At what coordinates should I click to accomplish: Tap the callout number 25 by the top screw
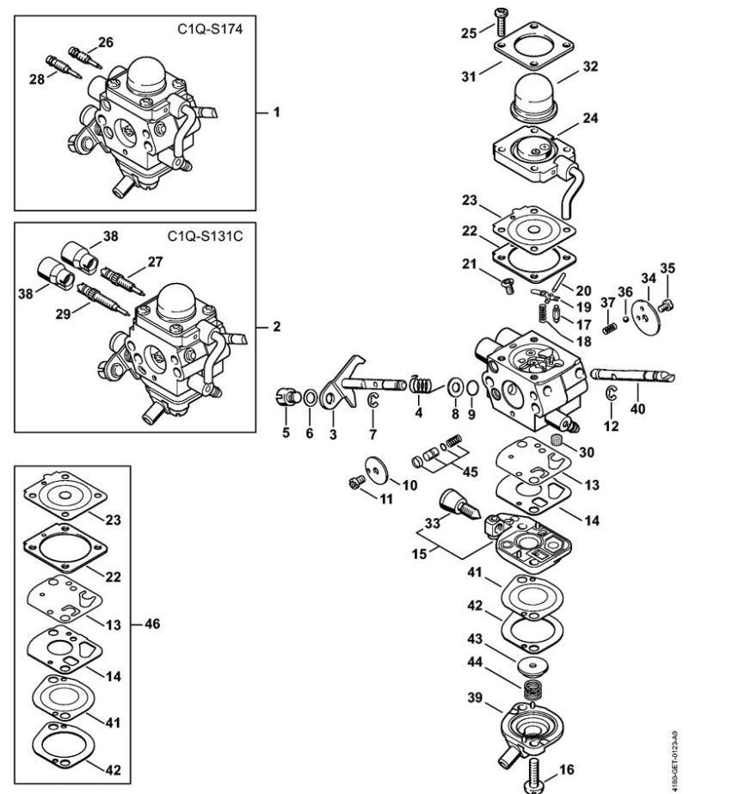(x=468, y=33)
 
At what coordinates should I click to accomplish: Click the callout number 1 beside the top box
(x=276, y=113)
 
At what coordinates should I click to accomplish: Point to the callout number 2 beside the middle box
(x=276, y=327)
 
